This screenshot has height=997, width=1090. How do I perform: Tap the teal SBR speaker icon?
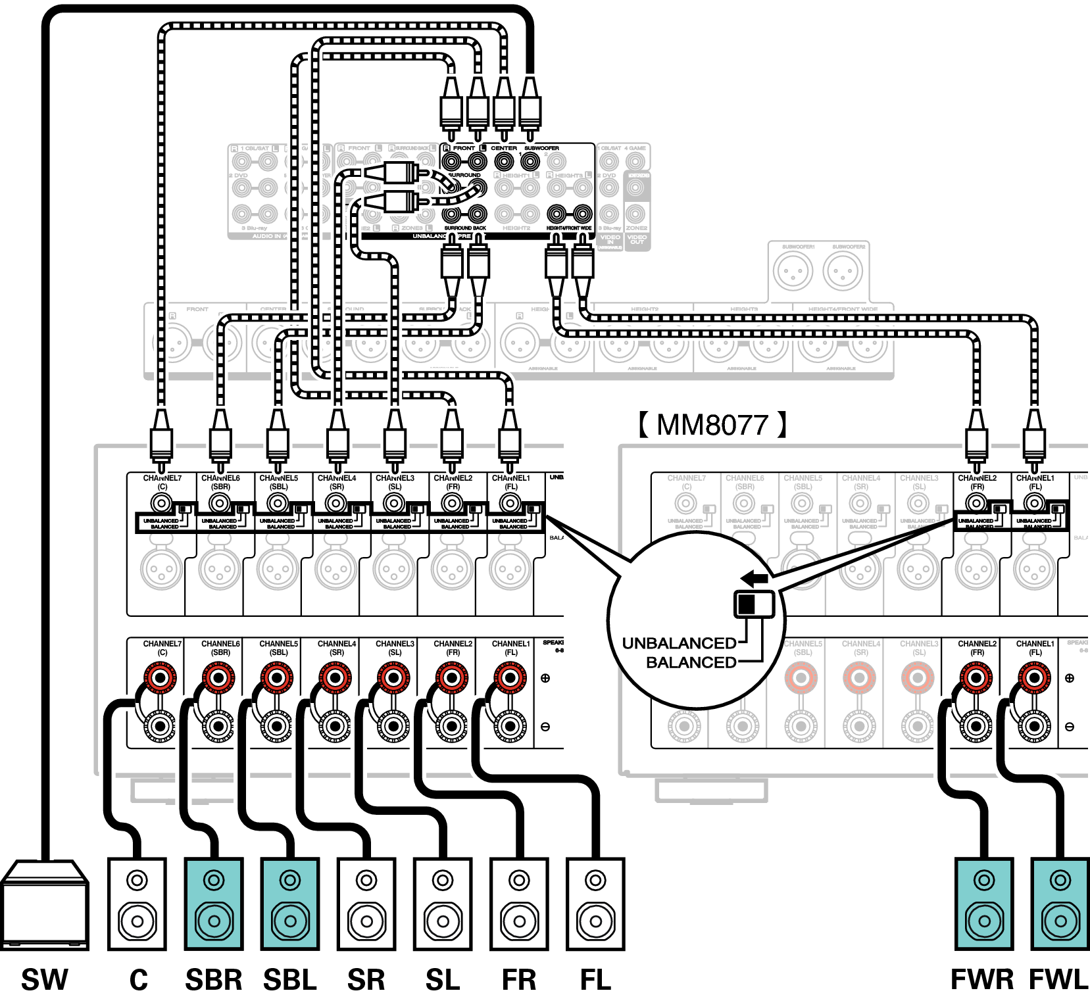click(214, 904)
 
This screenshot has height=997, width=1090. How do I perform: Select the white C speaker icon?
click(137, 904)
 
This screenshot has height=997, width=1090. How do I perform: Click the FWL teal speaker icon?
click(1060, 904)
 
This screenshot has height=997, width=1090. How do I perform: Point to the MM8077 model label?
click(712, 425)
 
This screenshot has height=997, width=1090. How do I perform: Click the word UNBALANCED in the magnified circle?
click(679, 643)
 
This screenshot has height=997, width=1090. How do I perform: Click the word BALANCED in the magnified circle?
click(691, 662)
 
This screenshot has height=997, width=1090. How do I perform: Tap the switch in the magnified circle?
click(754, 604)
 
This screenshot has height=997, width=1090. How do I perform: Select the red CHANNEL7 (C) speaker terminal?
click(160, 677)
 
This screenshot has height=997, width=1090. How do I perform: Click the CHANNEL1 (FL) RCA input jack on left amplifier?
click(510, 504)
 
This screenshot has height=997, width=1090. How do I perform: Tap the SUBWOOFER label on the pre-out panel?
click(541, 148)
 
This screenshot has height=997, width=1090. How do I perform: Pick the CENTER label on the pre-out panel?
click(504, 148)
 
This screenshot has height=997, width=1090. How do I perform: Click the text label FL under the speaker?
click(595, 979)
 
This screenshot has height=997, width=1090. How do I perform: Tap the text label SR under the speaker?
click(366, 979)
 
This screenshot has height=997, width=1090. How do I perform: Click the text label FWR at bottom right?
click(982, 979)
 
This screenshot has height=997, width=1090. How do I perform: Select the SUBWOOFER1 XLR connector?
click(793, 271)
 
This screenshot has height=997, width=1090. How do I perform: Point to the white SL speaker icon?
click(443, 904)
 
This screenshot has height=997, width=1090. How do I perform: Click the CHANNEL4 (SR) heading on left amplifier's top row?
click(337, 482)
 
